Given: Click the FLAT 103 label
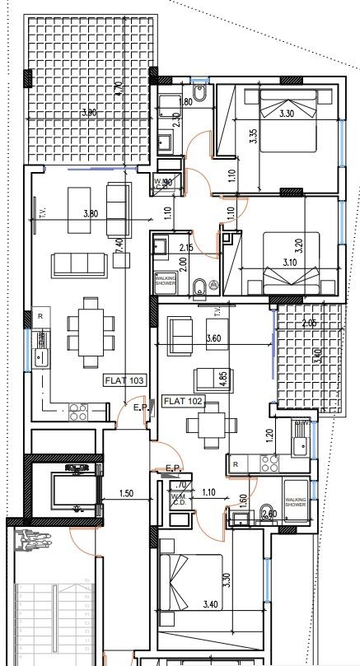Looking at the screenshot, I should point(124,380).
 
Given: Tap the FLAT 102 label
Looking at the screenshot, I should point(183,402).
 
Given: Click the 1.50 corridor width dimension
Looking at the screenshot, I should point(126,493).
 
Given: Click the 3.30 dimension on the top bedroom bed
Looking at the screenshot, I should point(288,116).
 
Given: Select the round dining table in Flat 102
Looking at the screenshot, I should point(203,426).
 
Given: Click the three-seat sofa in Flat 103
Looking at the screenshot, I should point(78,263).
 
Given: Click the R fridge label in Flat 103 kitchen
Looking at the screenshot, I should point(38,316).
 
